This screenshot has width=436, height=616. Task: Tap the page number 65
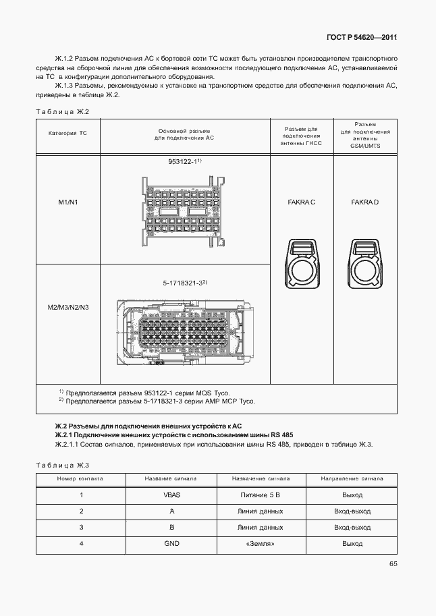click(x=393, y=565)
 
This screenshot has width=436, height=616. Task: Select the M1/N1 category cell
click(x=68, y=202)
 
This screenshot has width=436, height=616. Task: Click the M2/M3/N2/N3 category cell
click(x=68, y=308)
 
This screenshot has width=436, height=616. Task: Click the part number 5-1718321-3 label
click(x=184, y=283)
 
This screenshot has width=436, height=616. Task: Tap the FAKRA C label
click(x=301, y=202)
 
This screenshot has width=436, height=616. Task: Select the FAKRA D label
click(x=365, y=202)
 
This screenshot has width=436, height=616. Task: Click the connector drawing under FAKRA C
click(x=302, y=263)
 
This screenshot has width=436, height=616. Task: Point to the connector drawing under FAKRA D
click(x=365, y=263)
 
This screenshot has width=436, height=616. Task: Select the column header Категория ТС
click(x=68, y=133)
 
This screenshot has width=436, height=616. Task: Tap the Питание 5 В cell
click(x=261, y=495)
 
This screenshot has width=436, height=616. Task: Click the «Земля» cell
click(x=261, y=543)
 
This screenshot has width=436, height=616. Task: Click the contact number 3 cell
click(x=81, y=527)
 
